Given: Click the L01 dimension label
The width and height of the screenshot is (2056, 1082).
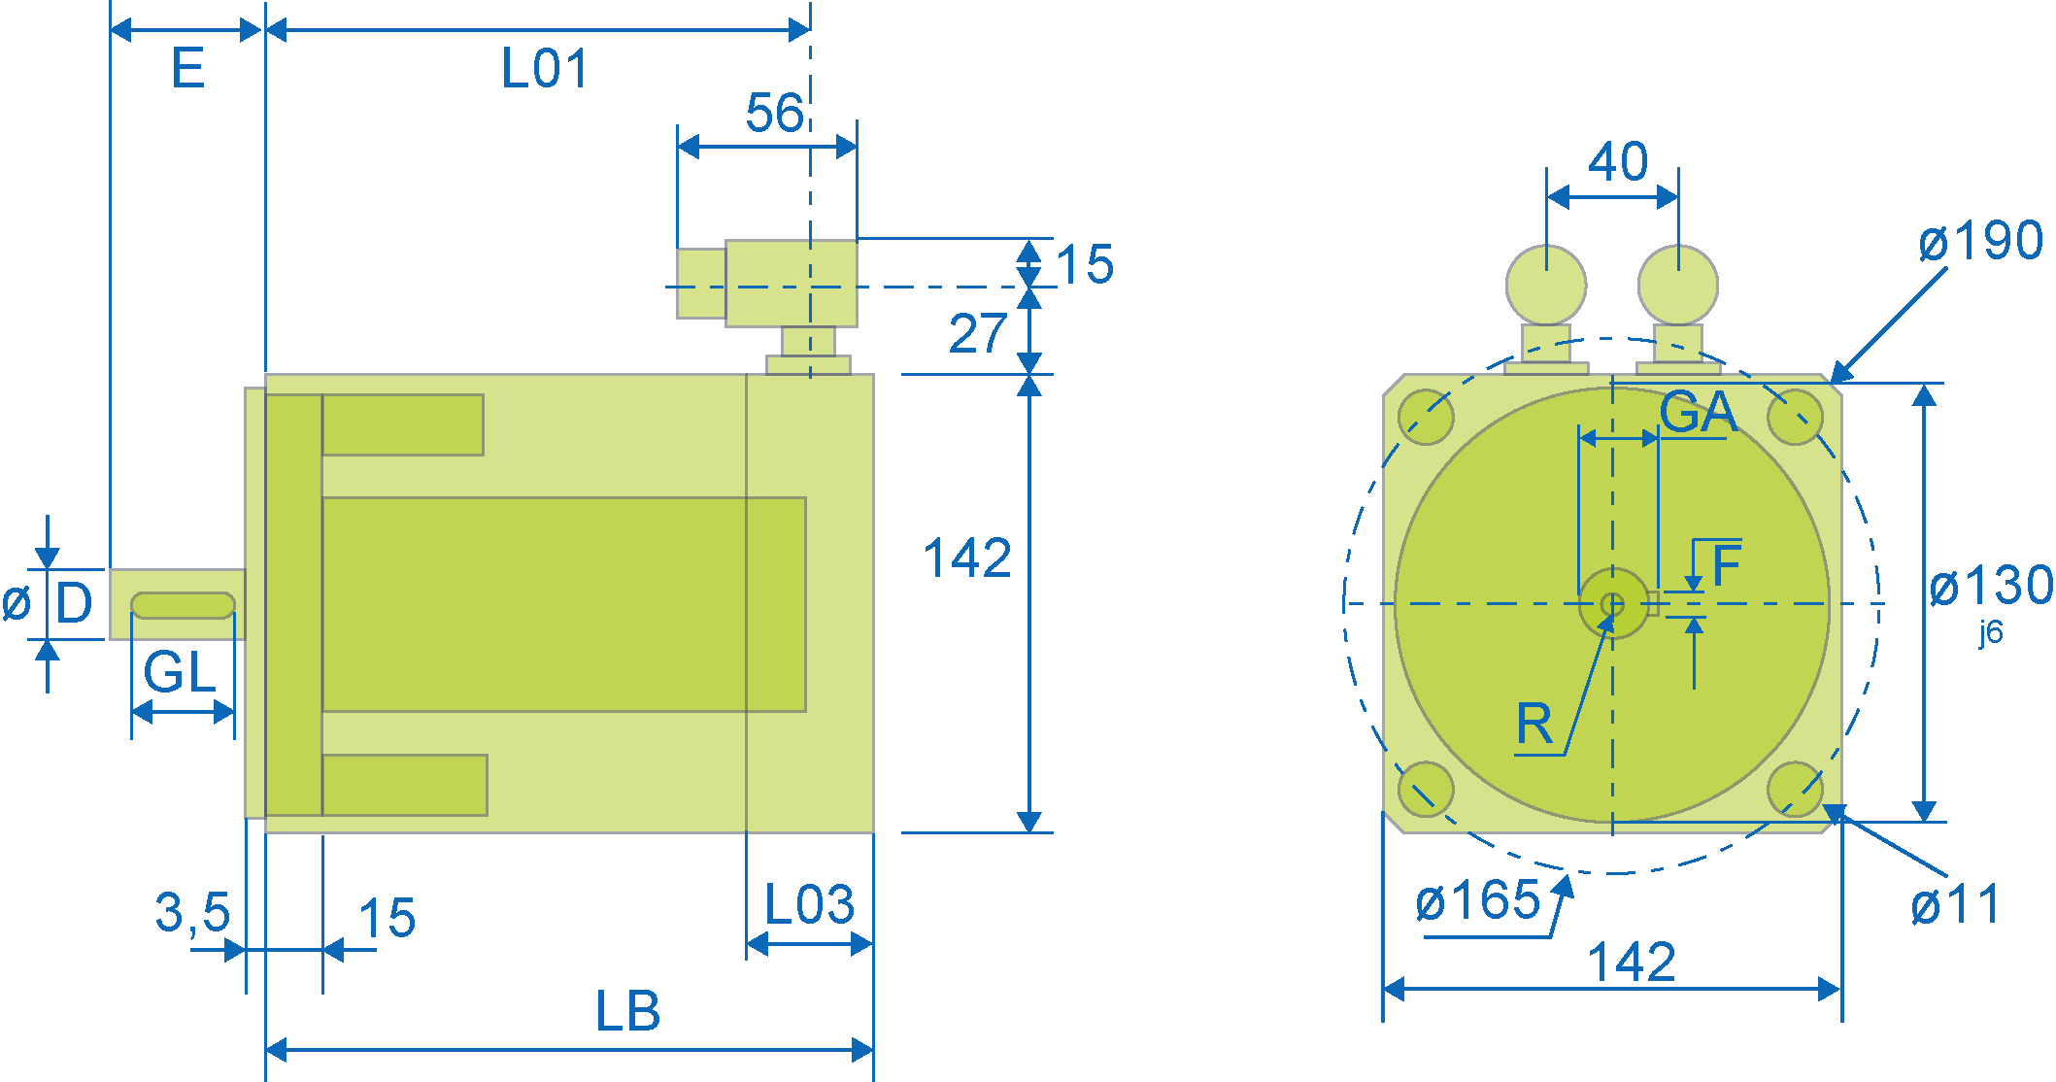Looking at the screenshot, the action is [545, 69].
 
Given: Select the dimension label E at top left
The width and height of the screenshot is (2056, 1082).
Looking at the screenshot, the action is [188, 69].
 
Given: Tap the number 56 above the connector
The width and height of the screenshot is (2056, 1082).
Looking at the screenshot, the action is [774, 113].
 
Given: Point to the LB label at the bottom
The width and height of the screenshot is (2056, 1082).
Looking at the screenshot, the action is [627, 1011].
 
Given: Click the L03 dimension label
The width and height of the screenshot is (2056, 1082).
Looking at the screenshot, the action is [809, 905].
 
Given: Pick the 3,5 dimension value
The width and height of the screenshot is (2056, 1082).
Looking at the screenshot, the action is [192, 913].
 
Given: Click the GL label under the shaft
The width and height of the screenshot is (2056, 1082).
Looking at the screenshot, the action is [180, 672].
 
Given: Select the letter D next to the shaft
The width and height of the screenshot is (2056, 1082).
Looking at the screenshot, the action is [74, 603].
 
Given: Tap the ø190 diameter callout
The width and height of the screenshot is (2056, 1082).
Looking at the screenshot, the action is [1981, 240].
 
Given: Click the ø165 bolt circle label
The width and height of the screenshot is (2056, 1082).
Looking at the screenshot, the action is [1478, 901].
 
